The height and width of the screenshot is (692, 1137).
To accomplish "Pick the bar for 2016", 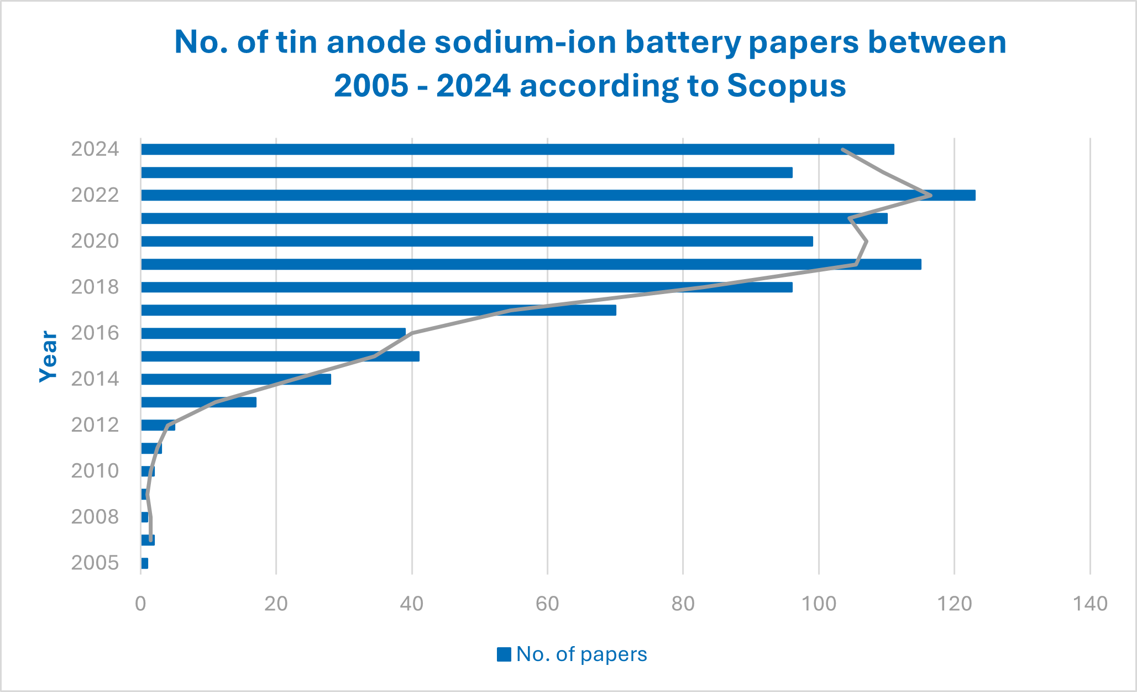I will pos(273,333).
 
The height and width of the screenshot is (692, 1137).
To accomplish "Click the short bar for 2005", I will pos(145,563).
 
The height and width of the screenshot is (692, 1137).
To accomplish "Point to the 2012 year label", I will pos(95,425).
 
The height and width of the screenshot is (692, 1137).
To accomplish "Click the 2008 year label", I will pos(95,517).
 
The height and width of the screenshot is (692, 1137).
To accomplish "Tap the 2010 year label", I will pos(95,471).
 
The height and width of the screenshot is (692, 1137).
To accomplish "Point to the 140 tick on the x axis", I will pos(1090,604).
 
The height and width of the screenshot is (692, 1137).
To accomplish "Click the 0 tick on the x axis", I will pos(141,604).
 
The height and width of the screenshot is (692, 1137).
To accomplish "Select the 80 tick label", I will pos(683,604).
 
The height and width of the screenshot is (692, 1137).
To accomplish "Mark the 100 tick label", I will pos(819,604).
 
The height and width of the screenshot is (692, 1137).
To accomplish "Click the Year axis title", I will pos(49,357).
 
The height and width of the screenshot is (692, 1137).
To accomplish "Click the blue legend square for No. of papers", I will pos(504,654).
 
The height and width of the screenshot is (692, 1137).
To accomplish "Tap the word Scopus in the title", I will pos(786,86).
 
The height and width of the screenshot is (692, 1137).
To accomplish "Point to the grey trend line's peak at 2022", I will pos(931,195).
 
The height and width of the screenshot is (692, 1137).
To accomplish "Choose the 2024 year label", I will pos(95,149).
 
